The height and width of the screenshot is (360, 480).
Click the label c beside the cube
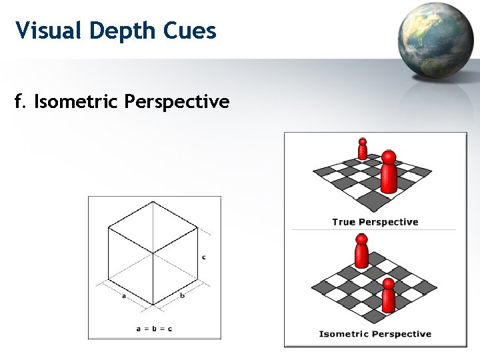point(203,257)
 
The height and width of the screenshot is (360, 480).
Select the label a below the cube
point(125,296)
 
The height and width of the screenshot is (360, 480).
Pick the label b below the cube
point(182,295)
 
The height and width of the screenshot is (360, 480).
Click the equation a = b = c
point(154,329)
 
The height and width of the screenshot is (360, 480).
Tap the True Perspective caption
point(375,222)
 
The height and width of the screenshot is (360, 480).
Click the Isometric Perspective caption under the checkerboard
point(375,334)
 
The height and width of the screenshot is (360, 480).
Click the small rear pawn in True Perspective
point(363,149)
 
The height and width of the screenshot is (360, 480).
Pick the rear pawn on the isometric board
point(361,251)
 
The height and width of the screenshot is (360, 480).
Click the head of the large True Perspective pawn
point(389,157)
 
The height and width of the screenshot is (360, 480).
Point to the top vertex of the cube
point(154,201)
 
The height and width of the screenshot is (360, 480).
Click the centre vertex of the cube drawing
point(153,253)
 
